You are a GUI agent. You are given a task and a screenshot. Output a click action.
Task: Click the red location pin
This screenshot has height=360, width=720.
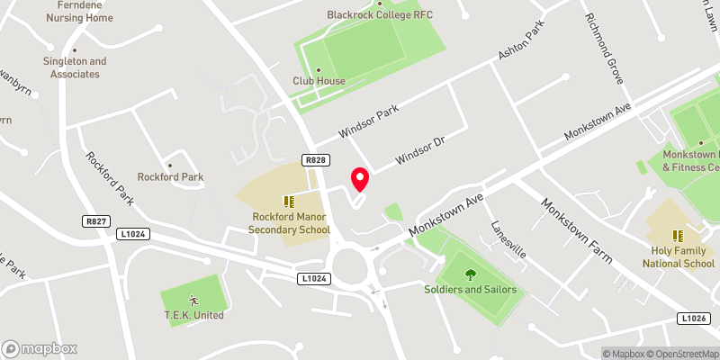(360, 179)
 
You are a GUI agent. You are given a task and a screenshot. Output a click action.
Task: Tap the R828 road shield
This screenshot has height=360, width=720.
(314, 160)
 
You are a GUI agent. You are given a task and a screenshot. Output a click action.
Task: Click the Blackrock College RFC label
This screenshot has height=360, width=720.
(380, 15)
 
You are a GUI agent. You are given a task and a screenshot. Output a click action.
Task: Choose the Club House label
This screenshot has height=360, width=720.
(319, 81)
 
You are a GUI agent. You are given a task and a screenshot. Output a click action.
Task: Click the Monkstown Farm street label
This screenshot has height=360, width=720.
(576, 230)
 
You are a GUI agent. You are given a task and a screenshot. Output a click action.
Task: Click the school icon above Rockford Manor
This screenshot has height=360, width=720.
(289, 202)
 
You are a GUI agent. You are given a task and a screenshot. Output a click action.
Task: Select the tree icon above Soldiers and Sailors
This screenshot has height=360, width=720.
(470, 274)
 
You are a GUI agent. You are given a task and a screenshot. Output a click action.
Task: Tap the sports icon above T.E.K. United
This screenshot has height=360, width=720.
(193, 300)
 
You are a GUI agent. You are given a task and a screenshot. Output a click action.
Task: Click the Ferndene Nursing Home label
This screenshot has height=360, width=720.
(76, 12)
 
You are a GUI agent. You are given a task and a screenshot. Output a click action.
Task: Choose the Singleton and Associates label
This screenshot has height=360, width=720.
(74, 67)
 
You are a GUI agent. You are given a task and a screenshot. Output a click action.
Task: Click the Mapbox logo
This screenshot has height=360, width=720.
(40, 348)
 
